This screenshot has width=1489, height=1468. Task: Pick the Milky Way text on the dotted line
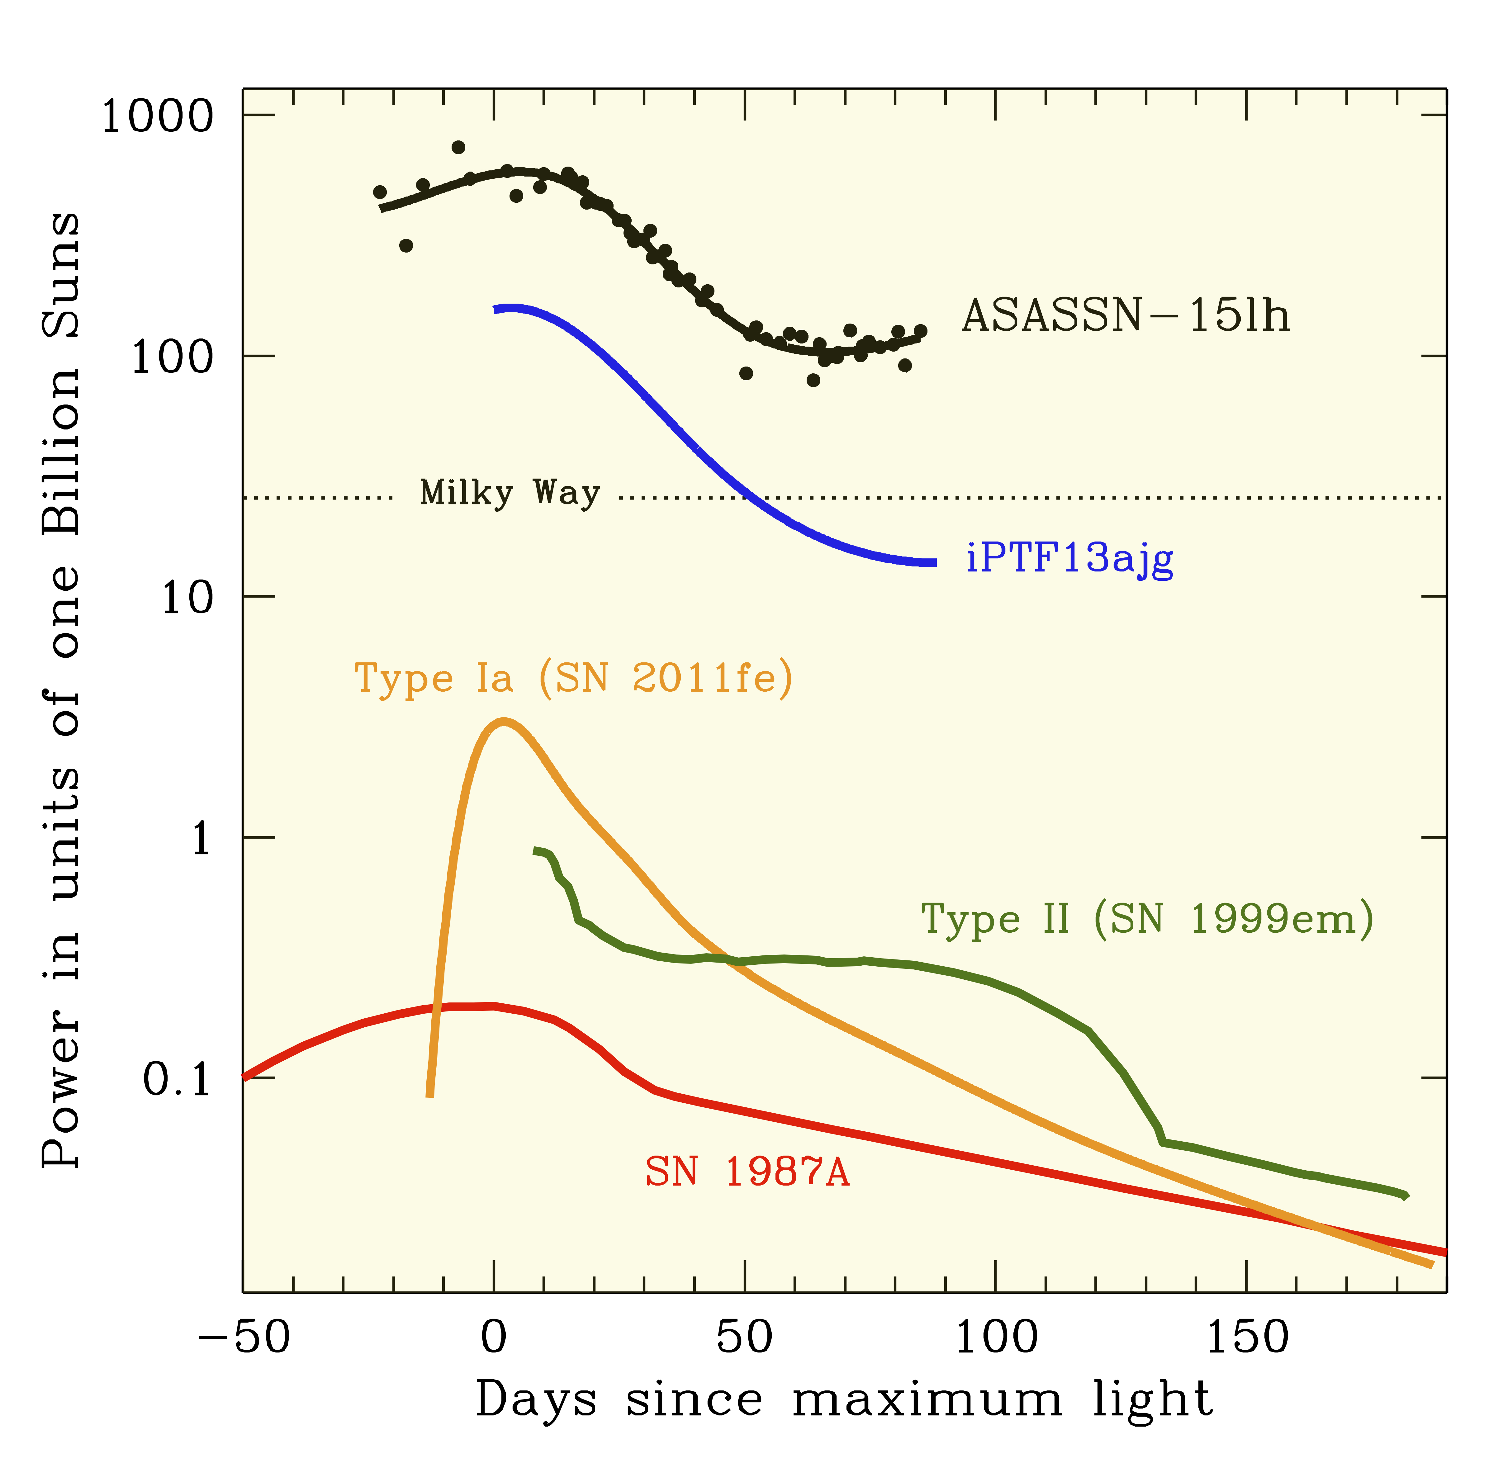point(510,493)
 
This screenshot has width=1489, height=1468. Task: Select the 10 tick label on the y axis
point(187,598)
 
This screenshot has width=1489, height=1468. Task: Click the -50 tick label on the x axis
point(244,1337)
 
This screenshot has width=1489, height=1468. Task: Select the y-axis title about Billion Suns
point(62,690)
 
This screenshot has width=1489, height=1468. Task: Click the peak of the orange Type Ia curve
point(503,722)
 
